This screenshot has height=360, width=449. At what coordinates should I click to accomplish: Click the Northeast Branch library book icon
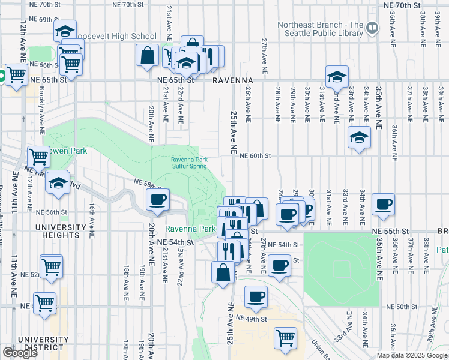372,27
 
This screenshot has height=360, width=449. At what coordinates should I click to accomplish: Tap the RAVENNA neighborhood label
231,80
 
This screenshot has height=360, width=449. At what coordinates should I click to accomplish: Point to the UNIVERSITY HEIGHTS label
60,232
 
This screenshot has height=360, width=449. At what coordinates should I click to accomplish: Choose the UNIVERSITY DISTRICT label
41,343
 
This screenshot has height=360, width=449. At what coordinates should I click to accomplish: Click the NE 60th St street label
256,155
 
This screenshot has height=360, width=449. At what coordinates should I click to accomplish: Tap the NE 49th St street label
250,317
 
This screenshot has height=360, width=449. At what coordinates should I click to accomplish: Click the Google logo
20,353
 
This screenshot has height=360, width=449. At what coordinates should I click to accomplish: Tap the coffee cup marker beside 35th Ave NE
382,204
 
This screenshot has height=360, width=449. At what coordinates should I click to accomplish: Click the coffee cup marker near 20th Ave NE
157,200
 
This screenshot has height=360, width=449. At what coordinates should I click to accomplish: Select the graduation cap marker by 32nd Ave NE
337,76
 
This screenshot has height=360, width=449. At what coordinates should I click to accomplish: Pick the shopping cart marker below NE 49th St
285,337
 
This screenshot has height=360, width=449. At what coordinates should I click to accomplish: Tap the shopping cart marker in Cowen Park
38,156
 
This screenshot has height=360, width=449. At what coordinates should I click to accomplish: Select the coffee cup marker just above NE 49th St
256,296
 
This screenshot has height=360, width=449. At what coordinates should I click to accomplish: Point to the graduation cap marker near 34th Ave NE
358,137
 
